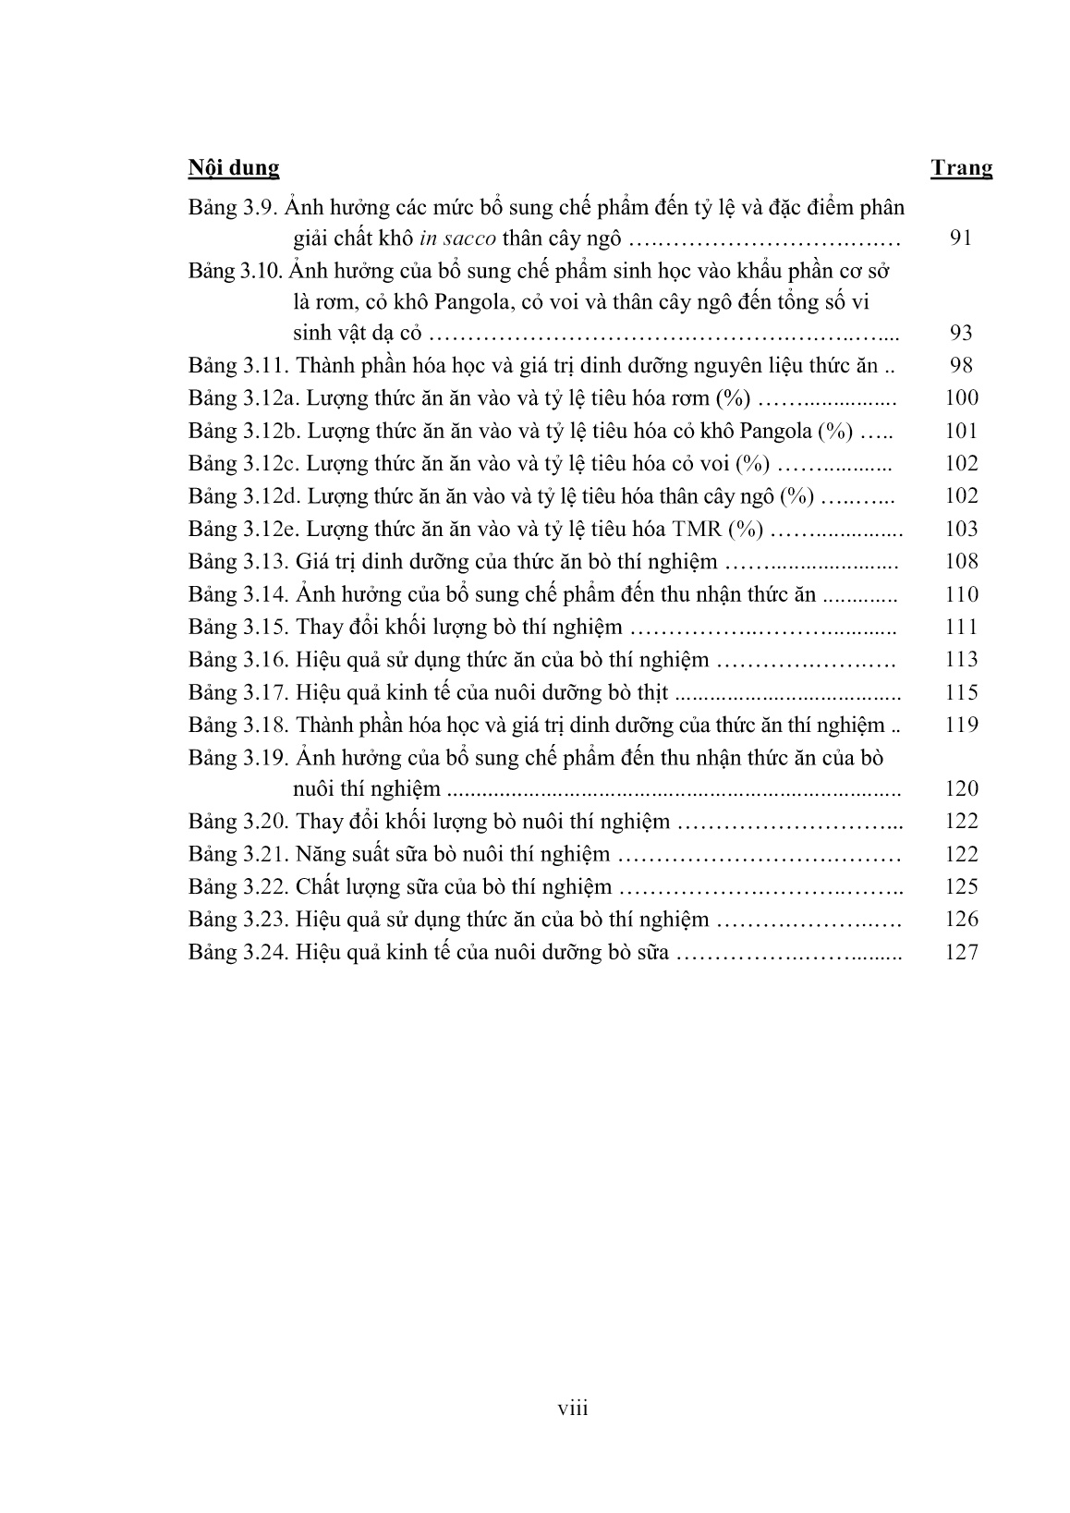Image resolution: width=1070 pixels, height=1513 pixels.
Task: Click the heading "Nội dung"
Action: [234, 167]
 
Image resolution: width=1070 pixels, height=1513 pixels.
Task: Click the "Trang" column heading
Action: [961, 167]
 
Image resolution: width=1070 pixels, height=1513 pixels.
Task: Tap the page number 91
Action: [961, 238]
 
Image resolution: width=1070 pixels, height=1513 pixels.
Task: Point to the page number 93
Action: [961, 333]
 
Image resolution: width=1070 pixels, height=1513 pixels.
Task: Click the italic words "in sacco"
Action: [457, 238]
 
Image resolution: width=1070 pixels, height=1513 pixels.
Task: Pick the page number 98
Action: [961, 365]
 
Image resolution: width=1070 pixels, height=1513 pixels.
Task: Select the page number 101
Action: [961, 431]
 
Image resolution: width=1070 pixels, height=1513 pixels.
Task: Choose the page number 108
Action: [961, 561]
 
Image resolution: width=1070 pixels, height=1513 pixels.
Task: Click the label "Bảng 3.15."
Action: [238, 627]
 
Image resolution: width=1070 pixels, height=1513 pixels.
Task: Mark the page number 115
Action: [961, 692]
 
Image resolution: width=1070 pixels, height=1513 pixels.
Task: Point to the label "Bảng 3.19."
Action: [238, 758]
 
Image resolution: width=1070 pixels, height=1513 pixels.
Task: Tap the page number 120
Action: [961, 788]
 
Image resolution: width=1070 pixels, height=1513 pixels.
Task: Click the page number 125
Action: [961, 886]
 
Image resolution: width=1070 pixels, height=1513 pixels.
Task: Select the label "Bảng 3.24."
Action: [238, 952]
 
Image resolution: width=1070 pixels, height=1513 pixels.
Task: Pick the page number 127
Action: [961, 952]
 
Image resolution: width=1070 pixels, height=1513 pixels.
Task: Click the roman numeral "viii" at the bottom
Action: [573, 1409]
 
